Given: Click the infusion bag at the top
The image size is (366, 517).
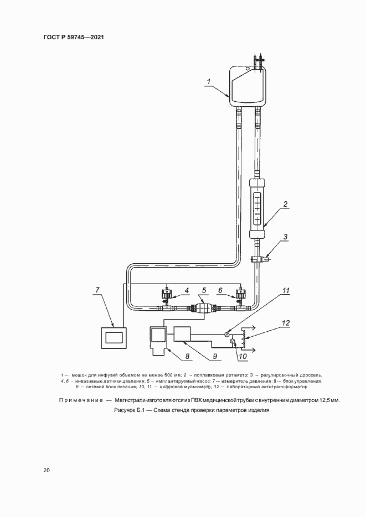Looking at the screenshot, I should pos(248,86).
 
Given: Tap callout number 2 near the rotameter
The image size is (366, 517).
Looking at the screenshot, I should pos(285,204).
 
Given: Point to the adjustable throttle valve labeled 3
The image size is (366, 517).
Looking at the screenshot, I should pos(257,258).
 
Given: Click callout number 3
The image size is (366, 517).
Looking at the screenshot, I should pos(285,237).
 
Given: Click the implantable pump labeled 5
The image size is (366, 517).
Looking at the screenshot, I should pos(203,310).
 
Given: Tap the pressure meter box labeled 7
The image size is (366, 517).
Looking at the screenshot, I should pos(113,337).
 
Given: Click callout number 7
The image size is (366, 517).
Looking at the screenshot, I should pos(97,290).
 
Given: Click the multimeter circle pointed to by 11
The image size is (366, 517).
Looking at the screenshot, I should pos(227,334).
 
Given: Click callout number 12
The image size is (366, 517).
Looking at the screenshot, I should pos(286,323).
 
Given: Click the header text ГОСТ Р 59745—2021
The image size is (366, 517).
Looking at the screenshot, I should pos(74,37).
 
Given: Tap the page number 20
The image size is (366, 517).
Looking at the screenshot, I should pos(47,471).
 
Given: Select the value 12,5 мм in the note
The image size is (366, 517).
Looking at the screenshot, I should pos(328,400).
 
